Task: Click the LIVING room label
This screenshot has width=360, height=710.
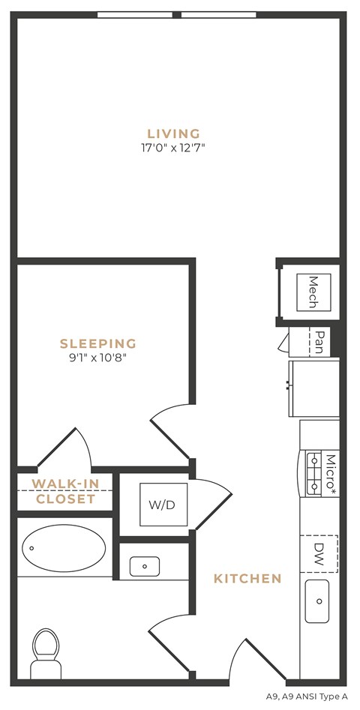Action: [x=173, y=134]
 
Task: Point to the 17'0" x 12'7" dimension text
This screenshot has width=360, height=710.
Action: [x=173, y=148]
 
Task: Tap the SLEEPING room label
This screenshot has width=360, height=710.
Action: [x=98, y=344]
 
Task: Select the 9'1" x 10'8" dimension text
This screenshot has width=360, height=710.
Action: [x=98, y=358]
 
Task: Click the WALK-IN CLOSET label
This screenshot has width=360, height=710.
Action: [x=65, y=491]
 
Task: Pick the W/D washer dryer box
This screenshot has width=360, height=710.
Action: [x=164, y=505]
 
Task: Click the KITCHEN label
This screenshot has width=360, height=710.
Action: [x=247, y=578]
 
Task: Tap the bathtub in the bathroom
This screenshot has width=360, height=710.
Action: [x=64, y=547]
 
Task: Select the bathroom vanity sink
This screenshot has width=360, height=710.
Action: [x=144, y=566]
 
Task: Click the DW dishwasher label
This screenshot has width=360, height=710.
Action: [x=319, y=553]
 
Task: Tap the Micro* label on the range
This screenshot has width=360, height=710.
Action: [x=328, y=473]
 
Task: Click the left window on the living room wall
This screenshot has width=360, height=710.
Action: [x=134, y=14]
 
